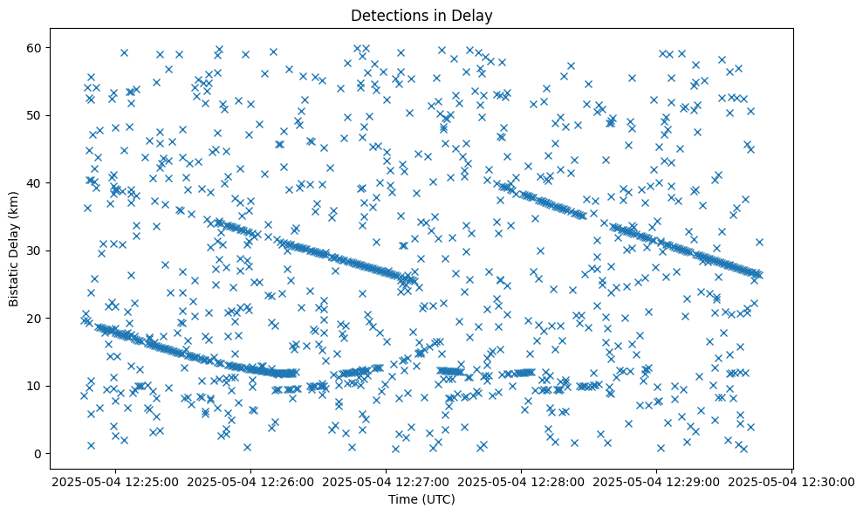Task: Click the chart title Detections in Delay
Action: (422, 15)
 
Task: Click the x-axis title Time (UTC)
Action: (422, 499)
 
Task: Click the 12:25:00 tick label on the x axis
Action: (116, 481)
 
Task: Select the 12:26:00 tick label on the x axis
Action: (251, 481)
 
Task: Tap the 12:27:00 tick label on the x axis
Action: (387, 481)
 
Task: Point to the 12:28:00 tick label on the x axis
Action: (522, 481)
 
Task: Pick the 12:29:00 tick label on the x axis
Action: (657, 481)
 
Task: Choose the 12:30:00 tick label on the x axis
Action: (791, 481)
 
